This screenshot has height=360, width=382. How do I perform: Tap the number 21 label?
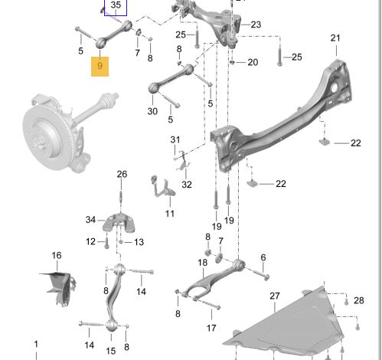coord(335,38)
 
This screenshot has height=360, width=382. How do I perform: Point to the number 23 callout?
coord(255,25)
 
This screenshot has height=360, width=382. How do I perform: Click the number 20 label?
coord(253,62)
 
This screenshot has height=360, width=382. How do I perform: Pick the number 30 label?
coord(153,110)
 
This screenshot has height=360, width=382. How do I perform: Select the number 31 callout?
coord(176,139)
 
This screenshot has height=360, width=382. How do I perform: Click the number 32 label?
coord(187,184)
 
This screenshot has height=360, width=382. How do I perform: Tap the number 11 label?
coord(169,213)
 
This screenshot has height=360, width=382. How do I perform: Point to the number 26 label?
coord(122,175)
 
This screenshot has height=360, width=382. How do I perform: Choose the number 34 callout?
coord(90,221)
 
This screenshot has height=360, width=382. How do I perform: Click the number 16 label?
coord(56,255)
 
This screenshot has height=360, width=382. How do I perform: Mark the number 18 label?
coord(202,263)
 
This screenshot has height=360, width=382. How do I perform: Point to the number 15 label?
coord(111,350)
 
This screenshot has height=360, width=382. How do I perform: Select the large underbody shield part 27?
coord(283,322)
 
